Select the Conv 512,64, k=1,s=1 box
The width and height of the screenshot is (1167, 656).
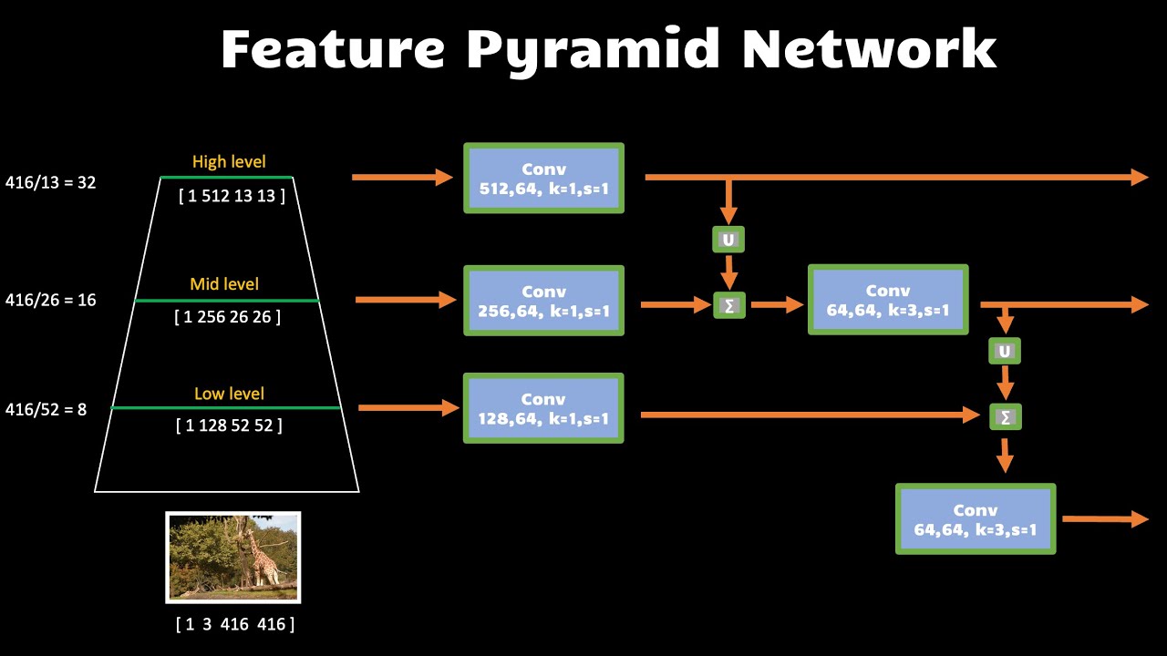pos(544,178)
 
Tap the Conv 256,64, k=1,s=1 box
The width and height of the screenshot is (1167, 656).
pos(544,301)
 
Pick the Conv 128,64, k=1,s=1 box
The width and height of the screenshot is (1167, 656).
pos(543,408)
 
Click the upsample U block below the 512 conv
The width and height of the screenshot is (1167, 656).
pos(728,240)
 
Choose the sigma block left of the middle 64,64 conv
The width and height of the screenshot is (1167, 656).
pos(729,305)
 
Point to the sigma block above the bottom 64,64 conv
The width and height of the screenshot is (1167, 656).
pos(1006,417)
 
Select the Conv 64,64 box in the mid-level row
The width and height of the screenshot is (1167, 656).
pos(888,300)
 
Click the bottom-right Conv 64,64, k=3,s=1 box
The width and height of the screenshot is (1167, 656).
pos(976,519)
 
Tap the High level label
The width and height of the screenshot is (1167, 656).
pos(229,162)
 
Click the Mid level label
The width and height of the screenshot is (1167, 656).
pos(224,284)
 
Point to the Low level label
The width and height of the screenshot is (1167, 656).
pos(229,394)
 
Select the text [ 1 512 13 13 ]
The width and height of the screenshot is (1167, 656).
pos(232,196)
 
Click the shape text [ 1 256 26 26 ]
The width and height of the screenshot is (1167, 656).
pos(227,317)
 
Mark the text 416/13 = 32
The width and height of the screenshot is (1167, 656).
pos(50,183)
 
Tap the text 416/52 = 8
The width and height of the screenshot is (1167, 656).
pos(46,410)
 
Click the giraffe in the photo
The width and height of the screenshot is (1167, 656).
pos(260,556)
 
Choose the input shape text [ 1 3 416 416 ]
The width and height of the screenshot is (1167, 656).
pos(235,624)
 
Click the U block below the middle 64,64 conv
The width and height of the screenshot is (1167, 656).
pos(1005,352)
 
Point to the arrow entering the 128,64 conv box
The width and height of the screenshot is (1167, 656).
pos(409,407)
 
